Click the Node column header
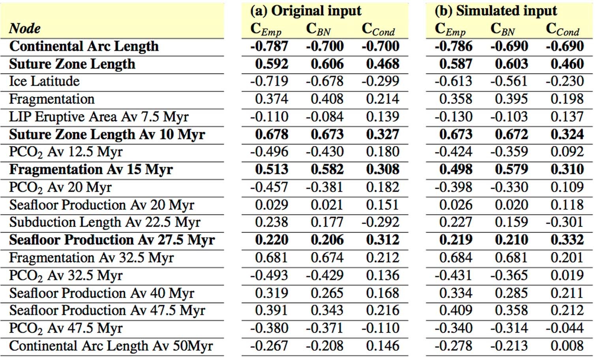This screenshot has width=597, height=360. point(24,28)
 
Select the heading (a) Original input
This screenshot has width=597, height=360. point(306,11)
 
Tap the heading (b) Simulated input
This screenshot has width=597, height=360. point(496,11)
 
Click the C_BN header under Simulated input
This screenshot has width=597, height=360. point(503,29)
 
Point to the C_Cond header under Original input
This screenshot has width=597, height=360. point(378,29)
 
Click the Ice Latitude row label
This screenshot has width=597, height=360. point(44,81)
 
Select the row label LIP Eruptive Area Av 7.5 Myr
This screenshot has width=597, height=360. point(99,117)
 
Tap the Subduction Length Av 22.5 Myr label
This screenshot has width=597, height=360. point(105,222)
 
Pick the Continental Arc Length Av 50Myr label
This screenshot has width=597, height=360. point(111,346)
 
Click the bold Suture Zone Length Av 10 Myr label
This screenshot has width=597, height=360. point(107,135)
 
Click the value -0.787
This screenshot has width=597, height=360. point(269,47)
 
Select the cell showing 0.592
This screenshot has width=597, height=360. point(272,64)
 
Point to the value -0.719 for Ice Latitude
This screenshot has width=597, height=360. point(269,81)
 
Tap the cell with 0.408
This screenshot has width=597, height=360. point(327,99)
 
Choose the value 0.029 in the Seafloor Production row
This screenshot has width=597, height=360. point(272,205)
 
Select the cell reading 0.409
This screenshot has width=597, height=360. point(456,311)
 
